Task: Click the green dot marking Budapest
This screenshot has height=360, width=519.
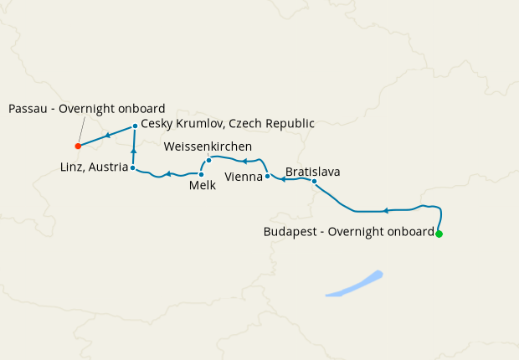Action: pyautogui.click(x=439, y=234)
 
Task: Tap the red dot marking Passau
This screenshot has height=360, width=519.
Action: pyautogui.click(x=78, y=146)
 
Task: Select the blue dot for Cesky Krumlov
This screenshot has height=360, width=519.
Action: pyautogui.click(x=135, y=126)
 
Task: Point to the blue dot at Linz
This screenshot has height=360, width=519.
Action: pyautogui.click(x=133, y=167)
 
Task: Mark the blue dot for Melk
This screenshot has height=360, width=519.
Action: pyautogui.click(x=202, y=174)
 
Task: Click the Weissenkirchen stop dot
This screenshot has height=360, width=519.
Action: pyautogui.click(x=208, y=160)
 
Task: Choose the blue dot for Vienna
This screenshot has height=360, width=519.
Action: pyautogui.click(x=267, y=177)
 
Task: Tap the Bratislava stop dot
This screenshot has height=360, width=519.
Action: pyautogui.click(x=314, y=182)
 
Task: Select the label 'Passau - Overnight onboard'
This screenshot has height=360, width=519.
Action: pyautogui.click(x=87, y=108)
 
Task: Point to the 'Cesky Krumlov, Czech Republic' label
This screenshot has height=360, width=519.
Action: pyautogui.click(x=228, y=123)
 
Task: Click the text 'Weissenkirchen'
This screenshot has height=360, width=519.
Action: pyautogui.click(x=208, y=146)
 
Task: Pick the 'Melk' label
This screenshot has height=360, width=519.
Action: pyautogui.click(x=203, y=186)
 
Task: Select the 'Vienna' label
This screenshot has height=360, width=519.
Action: pyautogui.click(x=244, y=177)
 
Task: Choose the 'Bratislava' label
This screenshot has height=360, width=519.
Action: pyautogui.click(x=312, y=172)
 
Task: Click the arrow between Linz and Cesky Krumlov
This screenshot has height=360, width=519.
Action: pyautogui.click(x=134, y=151)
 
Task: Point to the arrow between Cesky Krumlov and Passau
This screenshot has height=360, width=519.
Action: pyautogui.click(x=108, y=136)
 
